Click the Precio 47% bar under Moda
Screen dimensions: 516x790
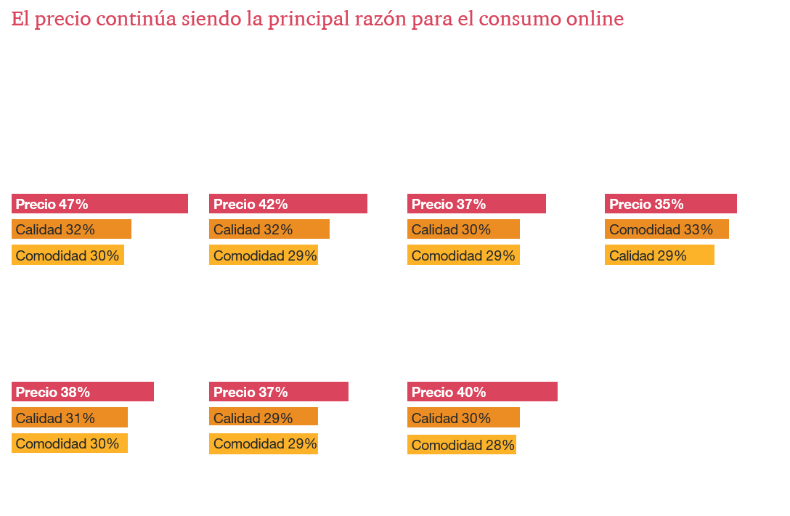point(99,204)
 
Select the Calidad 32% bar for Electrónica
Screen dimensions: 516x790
point(269,229)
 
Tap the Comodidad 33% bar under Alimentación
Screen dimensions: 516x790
point(666,229)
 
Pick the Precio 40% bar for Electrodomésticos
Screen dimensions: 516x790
point(481,392)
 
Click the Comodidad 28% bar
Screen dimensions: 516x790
point(463,444)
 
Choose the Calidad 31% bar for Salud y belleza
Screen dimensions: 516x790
point(70,418)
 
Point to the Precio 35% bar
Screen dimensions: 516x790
point(670,204)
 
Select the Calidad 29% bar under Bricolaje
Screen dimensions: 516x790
point(264,418)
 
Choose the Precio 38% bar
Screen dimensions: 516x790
point(83,392)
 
